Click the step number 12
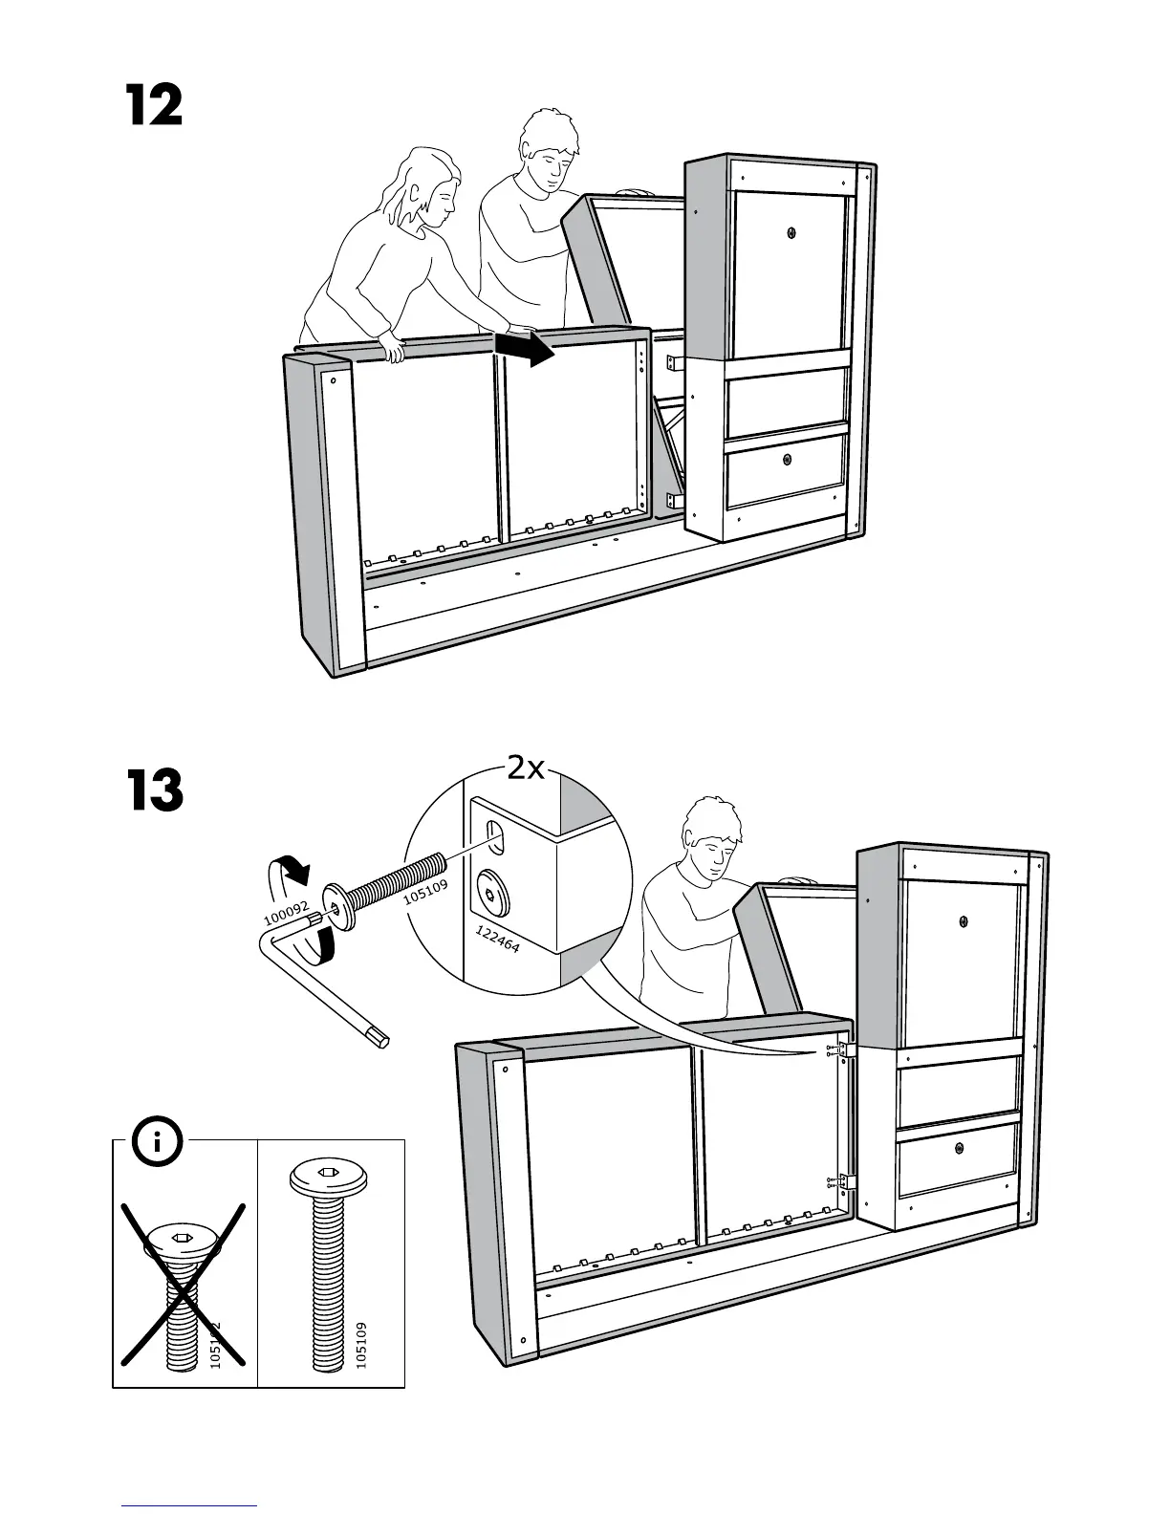click(154, 106)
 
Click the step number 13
click(154, 791)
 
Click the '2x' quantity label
click(526, 768)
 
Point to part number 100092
click(287, 916)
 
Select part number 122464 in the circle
click(497, 939)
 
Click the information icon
click(158, 1140)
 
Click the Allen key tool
click(315, 984)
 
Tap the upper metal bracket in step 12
click(673, 363)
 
